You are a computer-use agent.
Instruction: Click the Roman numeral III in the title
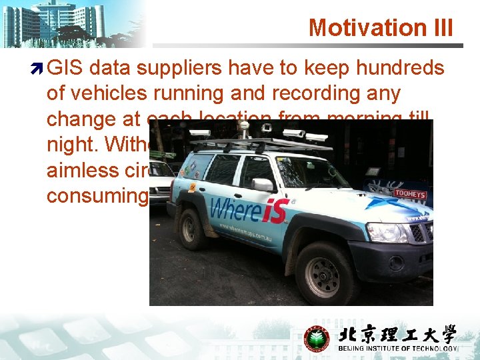click(440, 28)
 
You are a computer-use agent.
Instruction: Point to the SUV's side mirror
click(262, 185)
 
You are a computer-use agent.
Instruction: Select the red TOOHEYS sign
click(409, 193)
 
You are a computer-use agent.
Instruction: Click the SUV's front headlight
click(387, 232)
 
